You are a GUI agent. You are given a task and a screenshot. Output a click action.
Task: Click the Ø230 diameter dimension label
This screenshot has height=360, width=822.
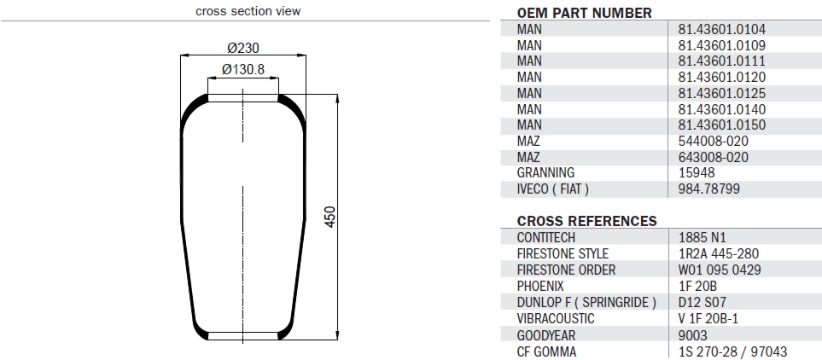pos(244,48)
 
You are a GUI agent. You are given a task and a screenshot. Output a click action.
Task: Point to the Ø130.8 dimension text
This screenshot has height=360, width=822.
pos(243,69)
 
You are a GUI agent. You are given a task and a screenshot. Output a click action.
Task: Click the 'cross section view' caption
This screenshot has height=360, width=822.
pos(248,11)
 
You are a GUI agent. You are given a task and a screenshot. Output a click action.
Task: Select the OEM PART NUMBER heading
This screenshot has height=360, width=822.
pos(585,13)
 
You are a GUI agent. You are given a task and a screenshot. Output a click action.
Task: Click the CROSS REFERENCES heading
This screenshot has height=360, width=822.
pos(587,221)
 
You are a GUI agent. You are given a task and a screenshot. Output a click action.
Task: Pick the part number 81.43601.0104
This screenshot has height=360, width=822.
pos(721,29)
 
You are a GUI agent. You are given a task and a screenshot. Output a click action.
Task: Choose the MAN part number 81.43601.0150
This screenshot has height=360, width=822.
pos(721,125)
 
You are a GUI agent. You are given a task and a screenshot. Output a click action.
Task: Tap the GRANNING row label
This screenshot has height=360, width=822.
pos(545,172)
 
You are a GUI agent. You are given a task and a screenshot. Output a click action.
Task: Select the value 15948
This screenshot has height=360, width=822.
pos(696,172)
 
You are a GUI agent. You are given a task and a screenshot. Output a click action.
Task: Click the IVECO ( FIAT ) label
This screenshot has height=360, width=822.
pos(553,189)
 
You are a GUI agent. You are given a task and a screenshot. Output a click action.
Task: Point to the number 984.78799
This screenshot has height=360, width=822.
pos(708,189)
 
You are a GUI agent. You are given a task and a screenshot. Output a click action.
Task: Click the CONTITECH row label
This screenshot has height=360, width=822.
pos(546,237)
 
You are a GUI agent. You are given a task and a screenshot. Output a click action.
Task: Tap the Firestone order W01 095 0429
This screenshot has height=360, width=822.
pos(720,270)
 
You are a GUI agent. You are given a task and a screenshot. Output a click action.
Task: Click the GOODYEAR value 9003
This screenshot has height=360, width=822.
pos(693,334)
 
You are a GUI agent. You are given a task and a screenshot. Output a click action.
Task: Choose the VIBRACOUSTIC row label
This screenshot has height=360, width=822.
pos(556,318)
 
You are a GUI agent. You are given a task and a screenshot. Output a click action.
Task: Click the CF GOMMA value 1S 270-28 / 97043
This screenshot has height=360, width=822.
pos(733,351)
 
